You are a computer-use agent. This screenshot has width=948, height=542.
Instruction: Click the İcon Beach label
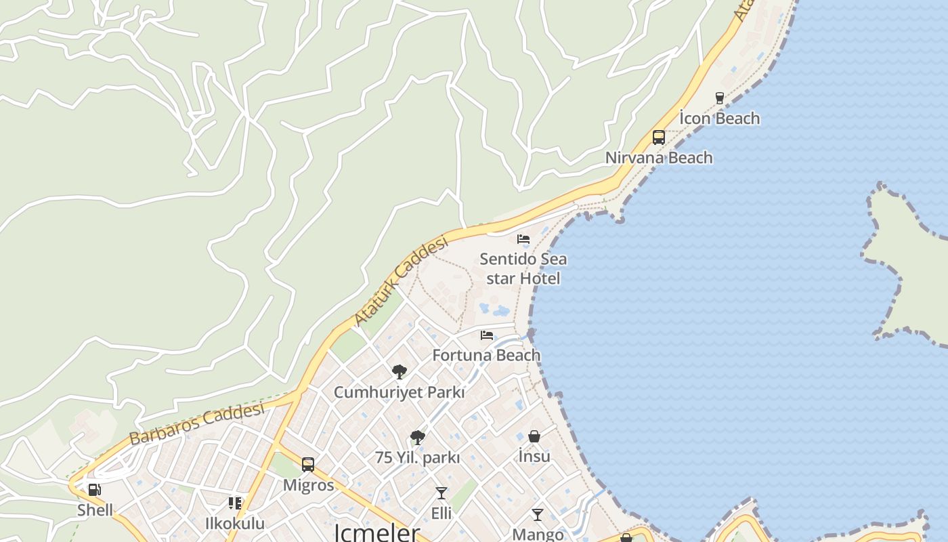click(x=719, y=119)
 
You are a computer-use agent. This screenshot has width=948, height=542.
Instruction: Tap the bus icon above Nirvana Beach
click(x=659, y=138)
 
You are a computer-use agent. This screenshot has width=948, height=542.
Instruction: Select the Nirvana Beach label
click(x=659, y=158)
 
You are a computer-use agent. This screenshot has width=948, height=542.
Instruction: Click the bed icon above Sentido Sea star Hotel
click(x=523, y=239)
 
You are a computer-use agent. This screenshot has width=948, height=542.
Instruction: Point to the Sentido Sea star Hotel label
click(x=523, y=268)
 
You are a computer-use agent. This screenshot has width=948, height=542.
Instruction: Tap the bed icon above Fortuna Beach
click(x=487, y=335)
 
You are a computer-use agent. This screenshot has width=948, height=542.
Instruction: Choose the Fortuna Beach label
click(x=486, y=355)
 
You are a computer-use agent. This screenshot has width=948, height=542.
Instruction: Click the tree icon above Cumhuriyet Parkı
click(x=400, y=372)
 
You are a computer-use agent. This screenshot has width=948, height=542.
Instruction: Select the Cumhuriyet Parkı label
click(x=400, y=392)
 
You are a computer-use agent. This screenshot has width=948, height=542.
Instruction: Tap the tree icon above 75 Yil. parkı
click(x=418, y=438)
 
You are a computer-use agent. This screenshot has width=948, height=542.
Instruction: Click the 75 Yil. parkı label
click(x=417, y=458)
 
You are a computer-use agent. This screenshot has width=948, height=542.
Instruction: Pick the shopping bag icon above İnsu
click(x=534, y=436)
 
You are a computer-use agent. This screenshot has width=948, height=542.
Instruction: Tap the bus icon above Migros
click(x=308, y=465)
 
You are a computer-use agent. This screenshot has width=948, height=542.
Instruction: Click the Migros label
click(x=308, y=485)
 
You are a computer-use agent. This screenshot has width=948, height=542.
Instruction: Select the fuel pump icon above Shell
click(x=95, y=490)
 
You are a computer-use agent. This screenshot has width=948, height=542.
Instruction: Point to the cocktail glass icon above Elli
click(x=441, y=493)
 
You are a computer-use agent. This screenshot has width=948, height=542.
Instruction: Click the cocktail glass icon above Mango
click(x=538, y=515)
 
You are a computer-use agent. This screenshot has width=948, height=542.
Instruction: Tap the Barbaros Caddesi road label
click(x=196, y=424)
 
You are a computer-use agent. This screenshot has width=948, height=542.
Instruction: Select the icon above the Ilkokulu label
click(x=235, y=503)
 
